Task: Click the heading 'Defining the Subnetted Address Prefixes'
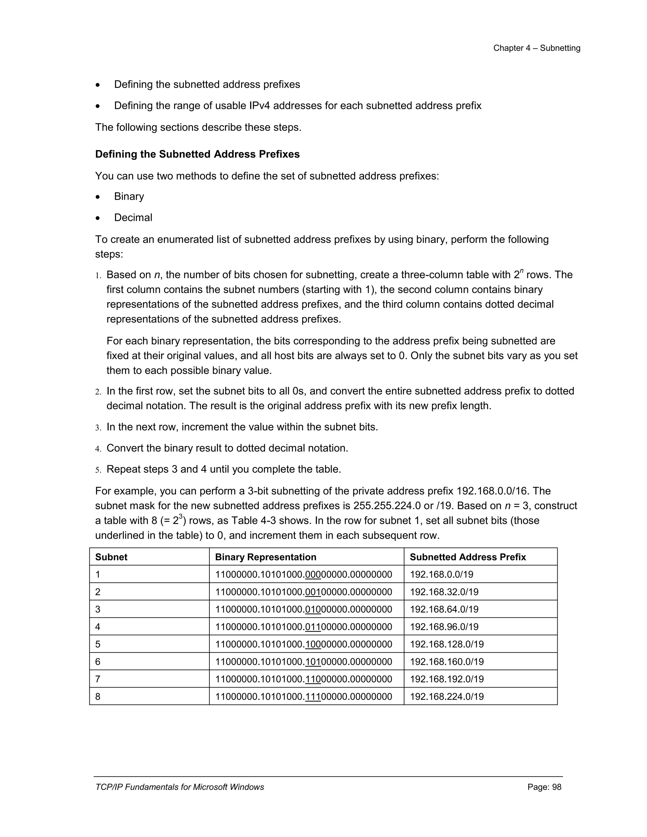197,154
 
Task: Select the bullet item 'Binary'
129,196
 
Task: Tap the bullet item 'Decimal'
133,217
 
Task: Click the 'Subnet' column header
111,557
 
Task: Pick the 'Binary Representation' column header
266,557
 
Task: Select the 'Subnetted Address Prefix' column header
468,557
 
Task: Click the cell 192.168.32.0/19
444,592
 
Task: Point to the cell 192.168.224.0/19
446,696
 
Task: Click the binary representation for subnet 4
304,627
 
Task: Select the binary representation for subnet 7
304,679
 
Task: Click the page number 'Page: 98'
544,787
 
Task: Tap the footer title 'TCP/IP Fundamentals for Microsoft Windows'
179,787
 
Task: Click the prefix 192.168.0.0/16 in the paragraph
493,491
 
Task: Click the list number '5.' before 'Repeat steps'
98,470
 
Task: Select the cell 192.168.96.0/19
444,627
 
